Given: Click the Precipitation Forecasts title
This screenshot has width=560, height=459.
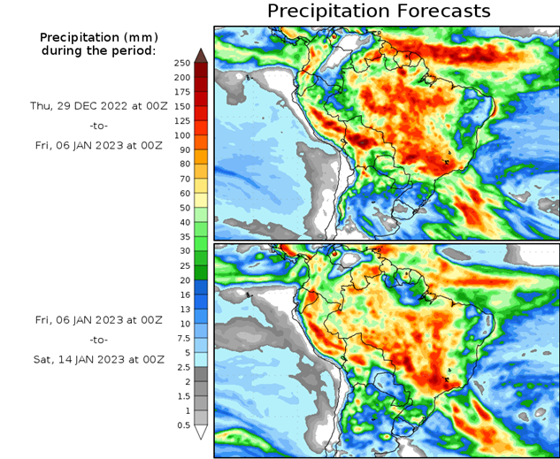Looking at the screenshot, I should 379,11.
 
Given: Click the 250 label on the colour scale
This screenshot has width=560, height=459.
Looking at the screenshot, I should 182,63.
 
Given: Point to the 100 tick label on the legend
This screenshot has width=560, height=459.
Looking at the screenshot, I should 182,135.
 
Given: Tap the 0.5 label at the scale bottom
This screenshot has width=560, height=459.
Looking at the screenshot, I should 181,425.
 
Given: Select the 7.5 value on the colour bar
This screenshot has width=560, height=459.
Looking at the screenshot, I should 181,338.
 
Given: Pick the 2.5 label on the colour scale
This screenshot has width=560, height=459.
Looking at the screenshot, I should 181,367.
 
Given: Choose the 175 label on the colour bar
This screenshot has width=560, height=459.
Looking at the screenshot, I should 182,92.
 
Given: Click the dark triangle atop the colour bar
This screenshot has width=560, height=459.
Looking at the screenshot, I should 201,55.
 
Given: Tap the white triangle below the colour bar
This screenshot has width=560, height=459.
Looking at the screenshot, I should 201,432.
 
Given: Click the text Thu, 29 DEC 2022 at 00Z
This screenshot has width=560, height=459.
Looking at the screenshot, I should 98,105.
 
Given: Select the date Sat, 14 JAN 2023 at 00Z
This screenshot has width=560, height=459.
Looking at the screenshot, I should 98,359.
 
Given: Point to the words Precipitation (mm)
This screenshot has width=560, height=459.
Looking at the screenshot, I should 98,37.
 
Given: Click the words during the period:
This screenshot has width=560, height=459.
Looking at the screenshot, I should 98,50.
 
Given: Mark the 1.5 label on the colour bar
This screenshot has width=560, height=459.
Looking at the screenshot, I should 181,395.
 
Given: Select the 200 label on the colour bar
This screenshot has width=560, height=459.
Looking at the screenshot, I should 182,78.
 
